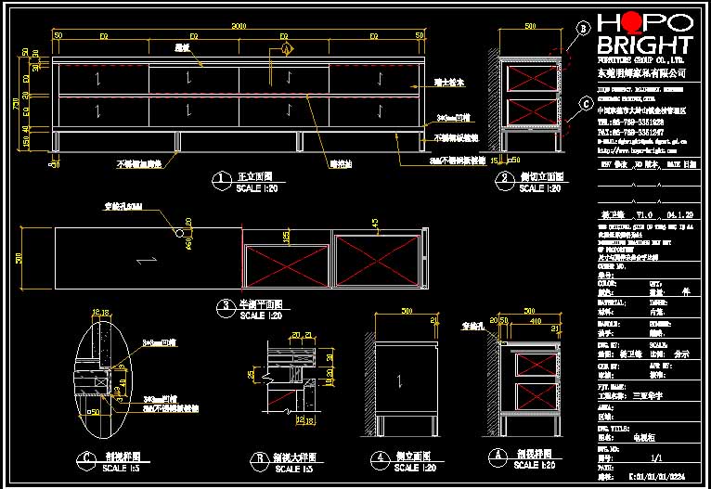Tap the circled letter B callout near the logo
[583, 29]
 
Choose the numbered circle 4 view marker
[379, 457]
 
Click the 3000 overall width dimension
[239, 25]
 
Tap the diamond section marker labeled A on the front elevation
[286, 47]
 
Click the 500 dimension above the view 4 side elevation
[406, 312]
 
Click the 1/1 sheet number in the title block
[656, 457]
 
